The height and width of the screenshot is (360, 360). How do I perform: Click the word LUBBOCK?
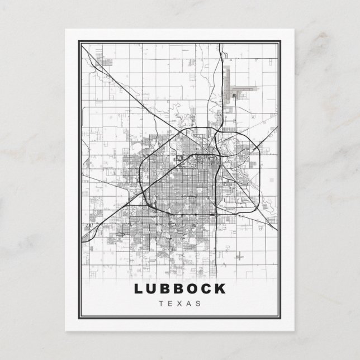(180, 289)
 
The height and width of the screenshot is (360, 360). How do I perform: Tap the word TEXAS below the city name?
(180, 304)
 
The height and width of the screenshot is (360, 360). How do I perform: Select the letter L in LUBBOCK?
(138, 289)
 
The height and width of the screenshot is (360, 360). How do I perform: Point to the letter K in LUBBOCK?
(221, 289)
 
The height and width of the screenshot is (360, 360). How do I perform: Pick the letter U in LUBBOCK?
(152, 289)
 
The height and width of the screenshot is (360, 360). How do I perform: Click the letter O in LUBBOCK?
(193, 289)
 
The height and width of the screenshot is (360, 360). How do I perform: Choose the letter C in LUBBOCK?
(207, 289)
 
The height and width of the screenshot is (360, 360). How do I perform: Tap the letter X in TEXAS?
(180, 304)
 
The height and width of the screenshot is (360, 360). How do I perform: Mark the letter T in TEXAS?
(162, 304)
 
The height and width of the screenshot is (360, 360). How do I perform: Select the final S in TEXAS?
(198, 304)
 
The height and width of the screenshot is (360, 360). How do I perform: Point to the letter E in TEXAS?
(170, 304)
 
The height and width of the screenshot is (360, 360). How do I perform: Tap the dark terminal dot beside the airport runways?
(233, 97)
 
